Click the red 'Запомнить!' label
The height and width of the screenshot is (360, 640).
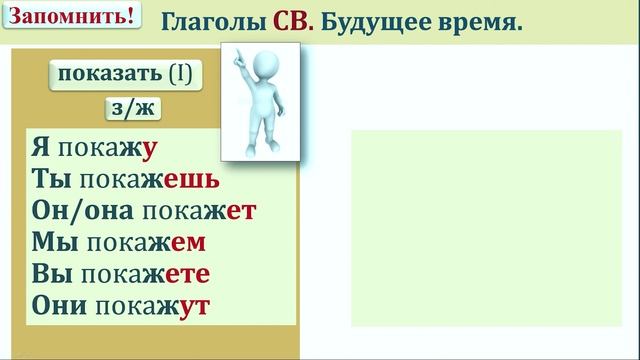click(x=70, y=18)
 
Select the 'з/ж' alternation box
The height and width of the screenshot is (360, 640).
click(x=133, y=109)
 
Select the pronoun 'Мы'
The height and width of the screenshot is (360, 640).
click(x=52, y=242)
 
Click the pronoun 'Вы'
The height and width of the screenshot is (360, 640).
click(x=51, y=273)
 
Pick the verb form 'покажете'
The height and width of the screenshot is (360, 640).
click(x=146, y=273)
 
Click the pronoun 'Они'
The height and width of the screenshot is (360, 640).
click(x=59, y=304)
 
